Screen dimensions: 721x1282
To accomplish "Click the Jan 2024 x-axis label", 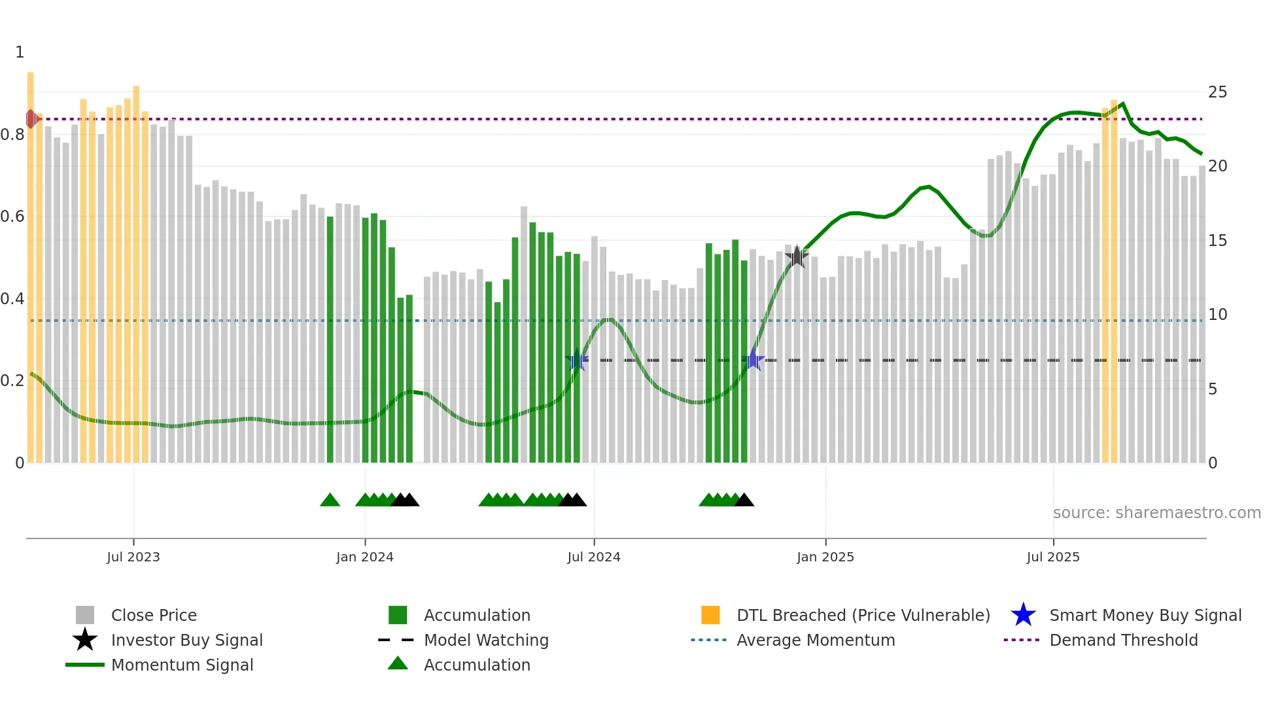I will pos(364,557).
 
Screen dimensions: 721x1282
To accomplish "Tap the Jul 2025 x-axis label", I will pos(1052,557).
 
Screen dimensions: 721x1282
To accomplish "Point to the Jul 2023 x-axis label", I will pos(133,557).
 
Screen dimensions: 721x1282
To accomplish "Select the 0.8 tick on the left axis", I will pos(12,135).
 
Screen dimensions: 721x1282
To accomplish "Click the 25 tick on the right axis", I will pos(1217,92).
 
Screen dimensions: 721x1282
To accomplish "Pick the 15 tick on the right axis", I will pos(1217,241).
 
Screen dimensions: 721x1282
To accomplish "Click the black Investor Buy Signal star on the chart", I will pos(796,256).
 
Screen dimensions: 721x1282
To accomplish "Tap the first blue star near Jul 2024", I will pos(577,360).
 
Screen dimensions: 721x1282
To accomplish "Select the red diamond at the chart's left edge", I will pos(31,119).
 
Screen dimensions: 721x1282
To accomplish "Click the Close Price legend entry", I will pos(153,615).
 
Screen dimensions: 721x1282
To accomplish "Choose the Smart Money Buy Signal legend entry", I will pos(1145,615).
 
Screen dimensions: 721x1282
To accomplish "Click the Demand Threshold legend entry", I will pos(1123,640).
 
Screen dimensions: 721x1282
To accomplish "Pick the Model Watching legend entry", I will pos(485,640).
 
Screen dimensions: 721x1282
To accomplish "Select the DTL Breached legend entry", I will pos(863,615).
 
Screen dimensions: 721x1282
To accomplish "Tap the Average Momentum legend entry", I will pos(815,640).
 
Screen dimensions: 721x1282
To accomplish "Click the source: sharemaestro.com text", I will pos(1156,513).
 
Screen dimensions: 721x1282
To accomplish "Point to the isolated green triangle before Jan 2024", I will pos(330,501).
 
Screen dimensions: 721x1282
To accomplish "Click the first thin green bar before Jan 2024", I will pos(330,340).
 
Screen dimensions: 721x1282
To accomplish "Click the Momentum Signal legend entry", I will pos(181,665).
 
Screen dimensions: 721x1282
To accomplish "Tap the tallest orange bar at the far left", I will pos(31,262).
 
